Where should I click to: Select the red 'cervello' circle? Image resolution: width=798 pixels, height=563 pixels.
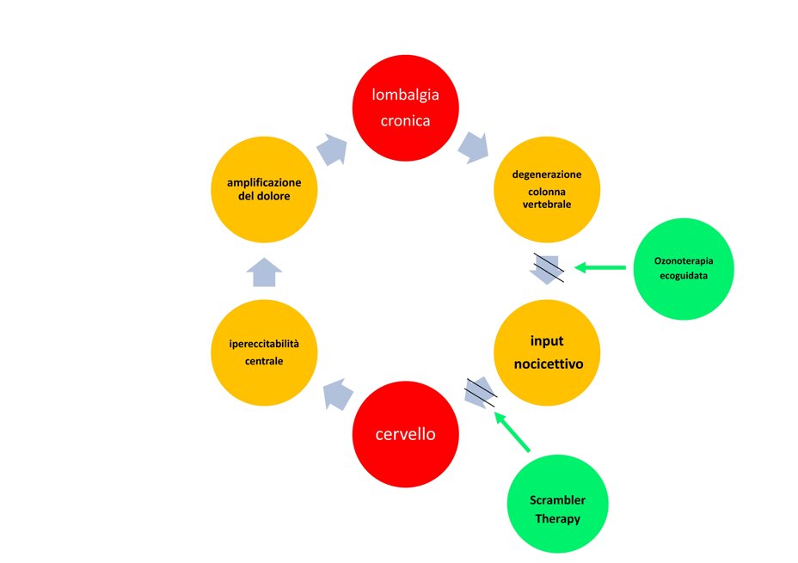tap(405, 434)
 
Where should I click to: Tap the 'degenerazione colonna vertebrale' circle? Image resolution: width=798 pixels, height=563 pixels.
tap(546, 189)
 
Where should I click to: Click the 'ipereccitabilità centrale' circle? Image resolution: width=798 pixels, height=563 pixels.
tap(264, 352)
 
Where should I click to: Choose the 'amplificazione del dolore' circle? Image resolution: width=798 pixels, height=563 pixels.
tap(264, 189)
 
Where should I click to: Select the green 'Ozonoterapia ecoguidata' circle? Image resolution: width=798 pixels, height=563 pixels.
tap(683, 268)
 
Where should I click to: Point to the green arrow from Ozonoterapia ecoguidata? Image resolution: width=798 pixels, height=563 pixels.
tap(600, 268)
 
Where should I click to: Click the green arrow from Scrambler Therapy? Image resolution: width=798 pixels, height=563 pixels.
tap(513, 432)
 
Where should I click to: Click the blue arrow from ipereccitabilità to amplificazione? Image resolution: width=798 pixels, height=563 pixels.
tap(264, 272)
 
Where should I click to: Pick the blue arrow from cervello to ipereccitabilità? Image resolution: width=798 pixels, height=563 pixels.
tap(338, 394)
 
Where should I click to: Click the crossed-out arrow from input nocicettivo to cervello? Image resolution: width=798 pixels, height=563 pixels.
tap(480, 393)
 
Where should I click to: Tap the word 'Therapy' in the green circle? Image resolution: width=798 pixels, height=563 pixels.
tap(558, 518)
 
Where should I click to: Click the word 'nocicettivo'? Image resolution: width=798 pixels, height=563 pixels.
tap(548, 364)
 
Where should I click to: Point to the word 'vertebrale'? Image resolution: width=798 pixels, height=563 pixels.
tap(546, 205)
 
